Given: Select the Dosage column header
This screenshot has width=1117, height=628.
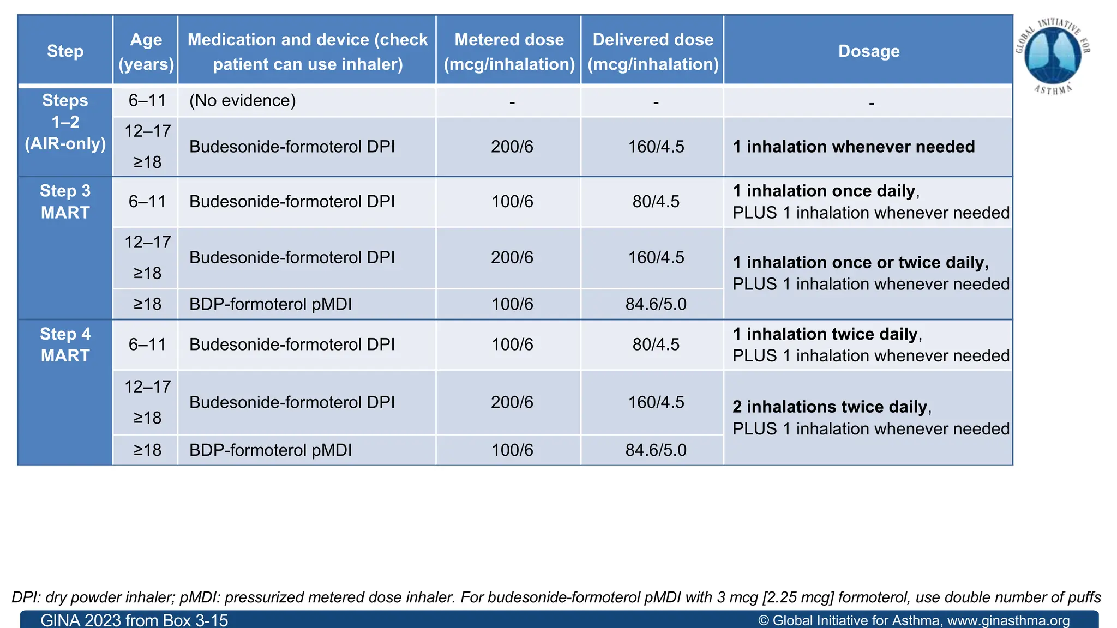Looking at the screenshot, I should [868, 51].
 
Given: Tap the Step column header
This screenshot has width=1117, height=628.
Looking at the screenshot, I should [65, 51].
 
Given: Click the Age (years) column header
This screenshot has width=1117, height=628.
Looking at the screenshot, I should [146, 51].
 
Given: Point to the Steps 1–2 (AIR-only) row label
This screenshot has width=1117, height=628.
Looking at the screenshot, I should [65, 122].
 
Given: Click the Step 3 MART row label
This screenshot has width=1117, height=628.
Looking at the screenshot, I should [65, 201].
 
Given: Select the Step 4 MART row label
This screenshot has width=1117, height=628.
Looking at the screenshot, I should [65, 345].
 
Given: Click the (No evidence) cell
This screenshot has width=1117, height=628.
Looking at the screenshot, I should [242, 101].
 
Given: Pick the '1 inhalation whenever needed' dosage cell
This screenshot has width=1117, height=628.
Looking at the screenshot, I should [854, 147].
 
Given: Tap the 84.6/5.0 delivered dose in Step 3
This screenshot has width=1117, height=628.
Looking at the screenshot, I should [656, 304].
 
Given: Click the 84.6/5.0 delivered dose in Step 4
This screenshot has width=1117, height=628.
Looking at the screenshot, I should [656, 450].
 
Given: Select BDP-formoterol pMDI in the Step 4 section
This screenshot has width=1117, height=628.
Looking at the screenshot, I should [271, 450].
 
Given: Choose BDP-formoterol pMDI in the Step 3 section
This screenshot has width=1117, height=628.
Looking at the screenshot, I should [271, 304].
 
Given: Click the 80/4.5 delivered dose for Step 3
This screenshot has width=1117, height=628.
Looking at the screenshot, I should [656, 202].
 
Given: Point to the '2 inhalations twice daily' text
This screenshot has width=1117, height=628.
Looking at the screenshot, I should [830, 407].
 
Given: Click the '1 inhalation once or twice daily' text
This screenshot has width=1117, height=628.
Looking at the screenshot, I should [860, 262].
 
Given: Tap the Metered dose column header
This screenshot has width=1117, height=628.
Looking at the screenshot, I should [509, 51].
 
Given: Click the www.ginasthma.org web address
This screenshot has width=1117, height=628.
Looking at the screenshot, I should [1008, 620].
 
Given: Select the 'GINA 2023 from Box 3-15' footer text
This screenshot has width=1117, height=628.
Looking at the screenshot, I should [134, 620].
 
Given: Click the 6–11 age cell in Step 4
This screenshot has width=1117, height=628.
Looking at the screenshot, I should [147, 345].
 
